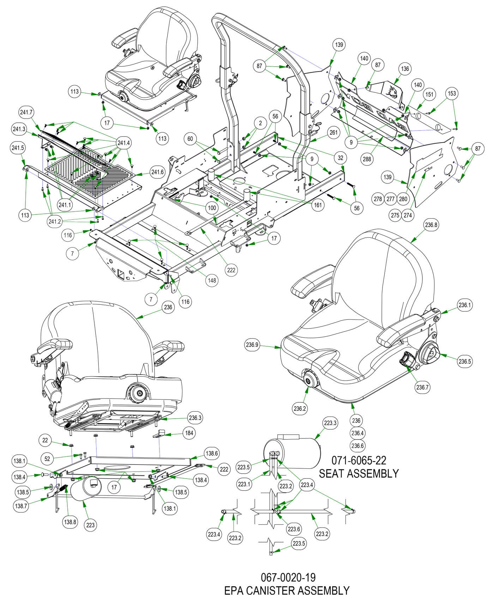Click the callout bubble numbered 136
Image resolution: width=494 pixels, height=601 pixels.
pyautogui.click(x=405, y=69)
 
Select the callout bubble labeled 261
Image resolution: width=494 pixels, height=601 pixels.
pyautogui.click(x=333, y=133)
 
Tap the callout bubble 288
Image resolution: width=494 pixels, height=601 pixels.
pyautogui.click(x=367, y=159)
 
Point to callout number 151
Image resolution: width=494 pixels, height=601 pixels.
pyautogui.click(x=429, y=95)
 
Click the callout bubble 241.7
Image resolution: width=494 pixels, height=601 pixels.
pyautogui.click(x=26, y=113)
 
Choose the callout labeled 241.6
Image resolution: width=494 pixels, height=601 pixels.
pyautogui.click(x=157, y=172)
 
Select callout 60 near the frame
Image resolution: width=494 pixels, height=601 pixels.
pyautogui.click(x=190, y=139)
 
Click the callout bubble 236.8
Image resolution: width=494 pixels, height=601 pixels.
pyautogui.click(x=432, y=225)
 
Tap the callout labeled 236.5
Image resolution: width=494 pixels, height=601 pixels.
pyautogui.click(x=465, y=361)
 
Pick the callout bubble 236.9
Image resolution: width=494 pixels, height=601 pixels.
pyautogui.click(x=252, y=345)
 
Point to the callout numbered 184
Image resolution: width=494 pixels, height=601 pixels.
pyautogui.click(x=189, y=433)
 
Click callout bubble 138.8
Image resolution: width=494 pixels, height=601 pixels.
pyautogui.click(x=70, y=522)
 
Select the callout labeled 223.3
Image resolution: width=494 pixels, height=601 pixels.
pyautogui.click(x=330, y=423)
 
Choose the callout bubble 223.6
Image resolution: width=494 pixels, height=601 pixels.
pyautogui.click(x=294, y=529)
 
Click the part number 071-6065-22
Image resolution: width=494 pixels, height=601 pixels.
pyautogui.click(x=359, y=460)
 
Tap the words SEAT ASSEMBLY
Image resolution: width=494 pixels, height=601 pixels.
pyautogui.click(x=359, y=473)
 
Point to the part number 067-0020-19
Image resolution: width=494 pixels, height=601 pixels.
pyautogui.click(x=288, y=577)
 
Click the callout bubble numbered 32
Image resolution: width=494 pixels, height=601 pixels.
pyautogui.click(x=341, y=158)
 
